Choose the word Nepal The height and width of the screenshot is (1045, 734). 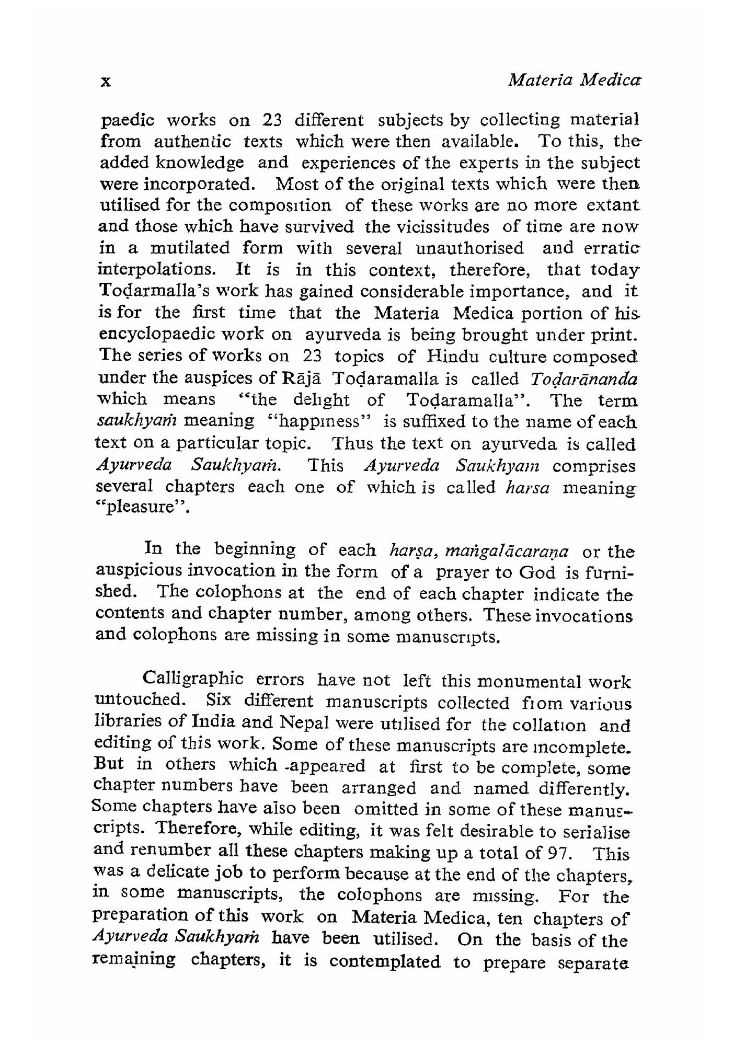(303, 723)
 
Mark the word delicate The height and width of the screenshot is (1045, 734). (173, 873)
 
